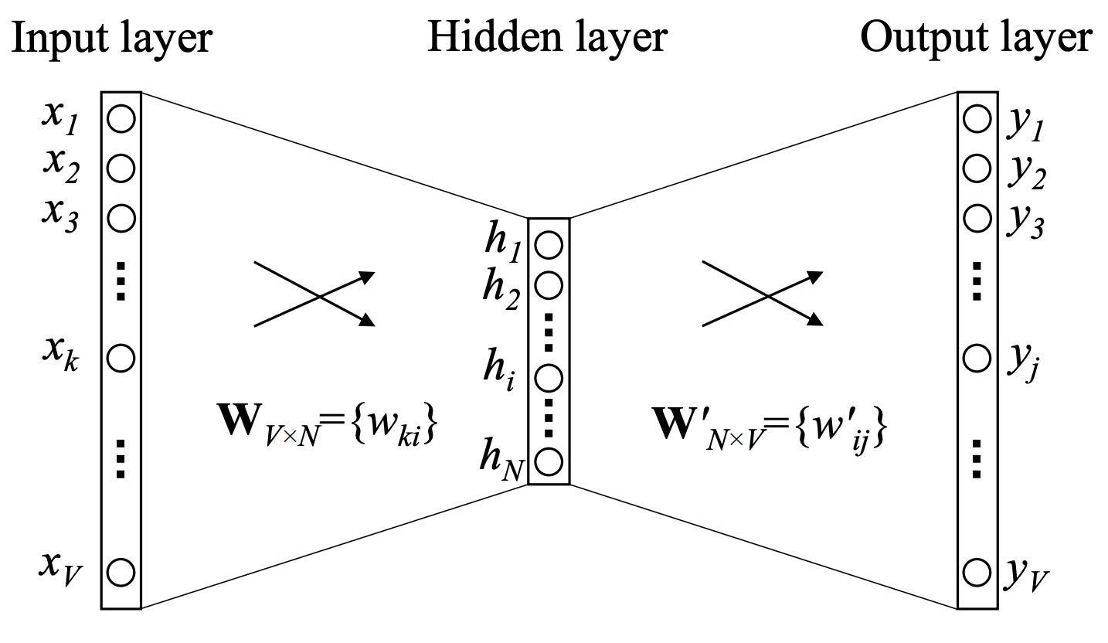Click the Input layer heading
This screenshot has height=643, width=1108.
coord(111,36)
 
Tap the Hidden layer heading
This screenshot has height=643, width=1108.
coord(546,36)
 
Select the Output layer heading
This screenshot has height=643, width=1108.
coord(976,36)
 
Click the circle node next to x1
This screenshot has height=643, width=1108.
coord(121,120)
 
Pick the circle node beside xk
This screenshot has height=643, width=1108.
coord(121,358)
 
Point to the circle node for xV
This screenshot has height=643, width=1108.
coord(121,573)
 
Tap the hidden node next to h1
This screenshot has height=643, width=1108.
coord(548,247)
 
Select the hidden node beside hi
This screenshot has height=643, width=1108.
coord(548,378)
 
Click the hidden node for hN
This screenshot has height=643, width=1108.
coord(548,461)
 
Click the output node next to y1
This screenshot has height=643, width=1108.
coord(977,120)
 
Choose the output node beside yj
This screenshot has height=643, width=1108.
coord(977,358)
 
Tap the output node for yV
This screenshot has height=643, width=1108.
coord(977,573)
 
